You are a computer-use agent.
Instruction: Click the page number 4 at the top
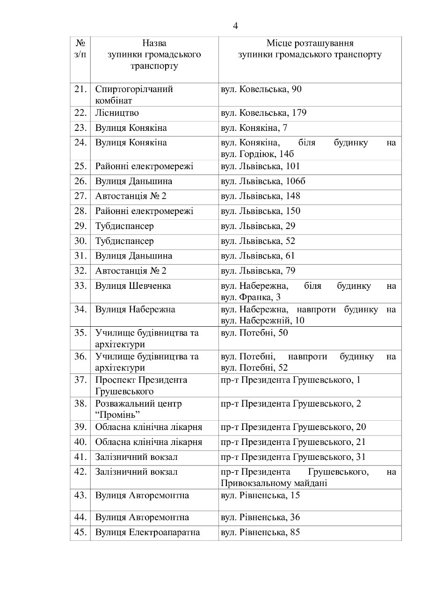(x=235, y=26)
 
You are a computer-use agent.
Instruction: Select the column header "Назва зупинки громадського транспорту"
(x=154, y=55)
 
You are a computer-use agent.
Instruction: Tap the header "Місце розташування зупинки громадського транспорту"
(x=309, y=49)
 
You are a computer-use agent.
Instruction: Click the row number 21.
(x=80, y=89)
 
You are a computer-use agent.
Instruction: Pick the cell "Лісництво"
(x=117, y=113)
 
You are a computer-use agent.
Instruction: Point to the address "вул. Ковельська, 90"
(x=261, y=89)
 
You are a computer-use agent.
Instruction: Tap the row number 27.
(x=80, y=196)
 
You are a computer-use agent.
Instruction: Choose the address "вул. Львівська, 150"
(x=261, y=211)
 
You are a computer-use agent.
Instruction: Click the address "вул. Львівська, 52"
(x=258, y=241)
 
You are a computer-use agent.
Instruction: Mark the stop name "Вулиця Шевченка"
(x=133, y=286)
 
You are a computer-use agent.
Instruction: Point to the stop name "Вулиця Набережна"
(x=135, y=309)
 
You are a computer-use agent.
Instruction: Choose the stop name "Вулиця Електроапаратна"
(x=147, y=532)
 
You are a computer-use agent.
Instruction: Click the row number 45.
(x=80, y=532)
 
